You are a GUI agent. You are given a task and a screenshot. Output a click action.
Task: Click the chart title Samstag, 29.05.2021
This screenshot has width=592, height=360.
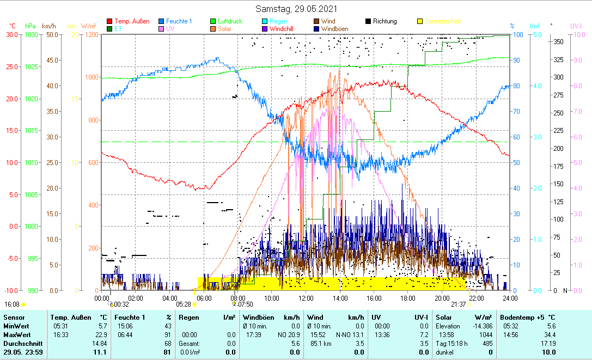pos(296,9)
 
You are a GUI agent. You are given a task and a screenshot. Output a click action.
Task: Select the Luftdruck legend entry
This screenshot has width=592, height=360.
pos(230,21)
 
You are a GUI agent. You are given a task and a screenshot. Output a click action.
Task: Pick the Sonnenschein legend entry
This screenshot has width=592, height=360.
pos(443,21)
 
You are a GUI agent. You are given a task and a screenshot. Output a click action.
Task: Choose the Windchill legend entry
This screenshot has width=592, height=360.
pos(286,29)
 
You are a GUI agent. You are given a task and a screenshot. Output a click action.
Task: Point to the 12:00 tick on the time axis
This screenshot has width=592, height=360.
pos(306,298)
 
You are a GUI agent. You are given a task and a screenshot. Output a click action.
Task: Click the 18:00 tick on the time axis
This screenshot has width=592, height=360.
pos(408,298)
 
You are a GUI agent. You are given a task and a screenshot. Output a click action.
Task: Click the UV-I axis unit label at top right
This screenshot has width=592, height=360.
pos(576,26)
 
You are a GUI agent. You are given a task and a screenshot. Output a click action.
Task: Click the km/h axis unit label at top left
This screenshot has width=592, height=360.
pos(49,26)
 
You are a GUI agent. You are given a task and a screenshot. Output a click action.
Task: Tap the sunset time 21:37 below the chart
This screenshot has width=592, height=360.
pos(458,304)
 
